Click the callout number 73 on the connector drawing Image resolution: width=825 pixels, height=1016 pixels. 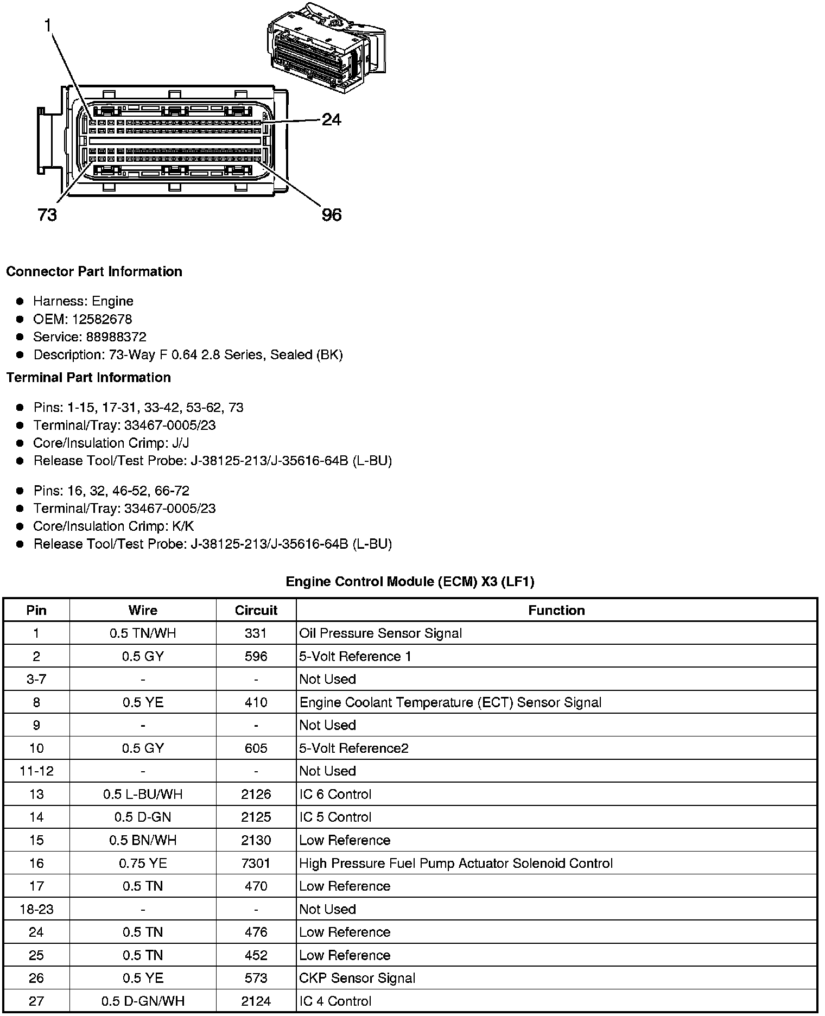[x=48, y=215]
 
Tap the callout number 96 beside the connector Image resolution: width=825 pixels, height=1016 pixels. [x=332, y=215]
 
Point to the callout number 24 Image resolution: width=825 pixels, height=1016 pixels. [x=331, y=119]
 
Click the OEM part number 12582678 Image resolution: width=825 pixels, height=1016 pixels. [x=102, y=319]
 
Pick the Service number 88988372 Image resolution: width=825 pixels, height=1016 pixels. [x=116, y=337]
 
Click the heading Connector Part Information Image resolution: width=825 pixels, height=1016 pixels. [x=94, y=271]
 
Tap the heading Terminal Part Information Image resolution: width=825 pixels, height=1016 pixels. [x=88, y=377]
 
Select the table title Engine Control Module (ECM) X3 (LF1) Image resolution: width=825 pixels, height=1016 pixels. [x=410, y=582]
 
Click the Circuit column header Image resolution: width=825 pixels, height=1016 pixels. [x=256, y=610]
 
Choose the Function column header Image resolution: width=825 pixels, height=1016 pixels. [x=556, y=610]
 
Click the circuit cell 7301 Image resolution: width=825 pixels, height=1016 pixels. [x=256, y=863]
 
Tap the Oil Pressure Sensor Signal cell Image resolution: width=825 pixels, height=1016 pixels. [x=380, y=633]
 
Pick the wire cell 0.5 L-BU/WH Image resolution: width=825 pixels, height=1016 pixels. [x=143, y=794]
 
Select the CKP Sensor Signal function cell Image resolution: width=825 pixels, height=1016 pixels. [x=357, y=978]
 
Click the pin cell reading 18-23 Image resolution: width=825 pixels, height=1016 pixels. [x=36, y=909]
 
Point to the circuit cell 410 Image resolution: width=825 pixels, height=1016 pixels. [x=256, y=702]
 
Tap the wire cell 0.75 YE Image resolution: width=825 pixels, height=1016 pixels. [x=143, y=863]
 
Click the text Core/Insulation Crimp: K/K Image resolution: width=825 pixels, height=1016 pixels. [x=113, y=526]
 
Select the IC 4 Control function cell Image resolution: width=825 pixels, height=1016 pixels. [x=335, y=1001]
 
